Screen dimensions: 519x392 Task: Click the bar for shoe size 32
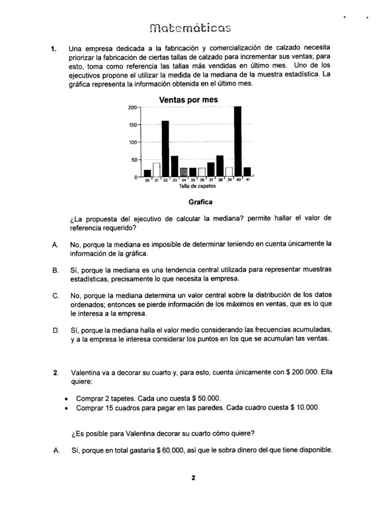(165, 148)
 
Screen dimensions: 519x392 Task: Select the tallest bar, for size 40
(238, 141)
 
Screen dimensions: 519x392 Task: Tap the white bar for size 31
(156, 169)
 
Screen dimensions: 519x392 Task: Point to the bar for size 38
(220, 165)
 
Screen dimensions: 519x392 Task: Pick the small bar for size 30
(147, 173)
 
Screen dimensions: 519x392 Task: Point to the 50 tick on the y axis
(134, 160)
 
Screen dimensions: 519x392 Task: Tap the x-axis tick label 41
(247, 180)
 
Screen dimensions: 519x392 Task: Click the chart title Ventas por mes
(188, 100)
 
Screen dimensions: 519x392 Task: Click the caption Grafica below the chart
(200, 202)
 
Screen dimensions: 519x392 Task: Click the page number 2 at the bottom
(193, 478)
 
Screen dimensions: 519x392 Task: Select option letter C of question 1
(55, 296)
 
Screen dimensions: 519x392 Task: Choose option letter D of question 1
(55, 330)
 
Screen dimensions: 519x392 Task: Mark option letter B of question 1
(55, 270)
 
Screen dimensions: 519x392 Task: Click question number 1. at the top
(54, 48)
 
